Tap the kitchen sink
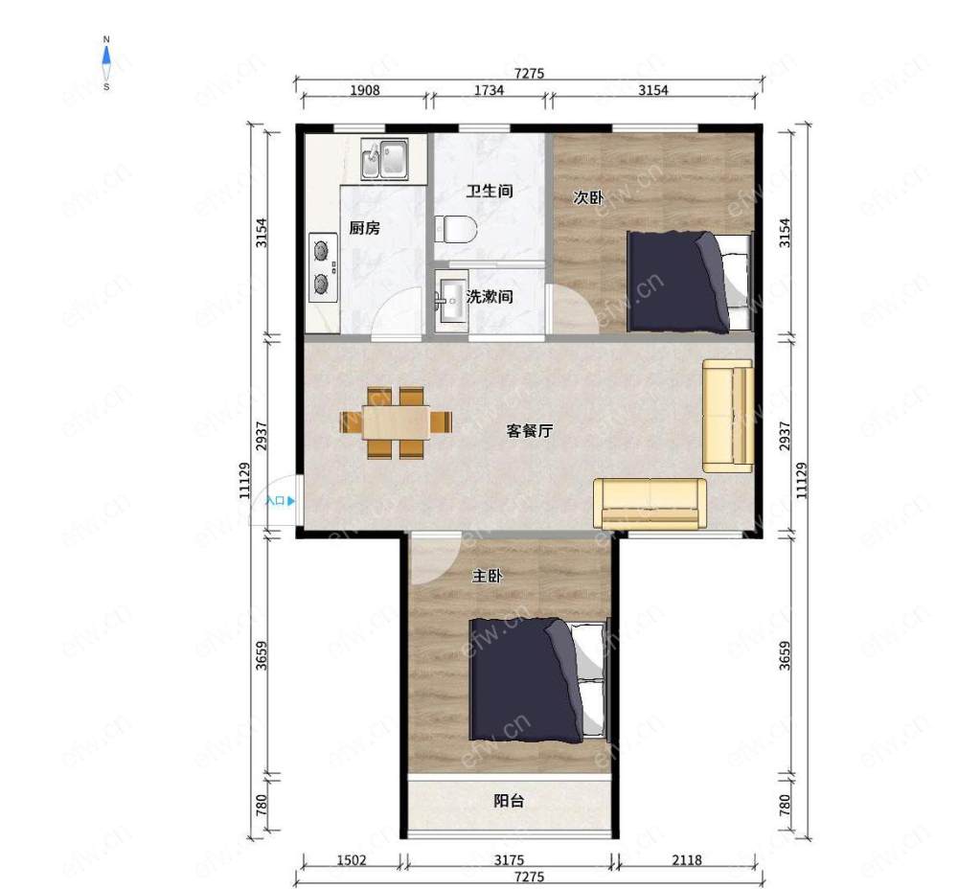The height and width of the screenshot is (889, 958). [384, 158]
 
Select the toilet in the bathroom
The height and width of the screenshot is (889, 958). [456, 229]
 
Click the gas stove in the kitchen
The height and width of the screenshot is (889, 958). [323, 267]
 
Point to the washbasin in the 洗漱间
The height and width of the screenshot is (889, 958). [451, 301]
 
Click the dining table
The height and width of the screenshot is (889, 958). [396, 422]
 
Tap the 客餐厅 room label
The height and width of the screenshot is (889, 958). [529, 431]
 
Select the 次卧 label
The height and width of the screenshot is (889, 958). [588, 198]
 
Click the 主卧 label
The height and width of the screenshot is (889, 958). [487, 576]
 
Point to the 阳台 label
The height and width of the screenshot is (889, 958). [509, 801]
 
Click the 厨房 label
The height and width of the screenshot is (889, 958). [365, 228]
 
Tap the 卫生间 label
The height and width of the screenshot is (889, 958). [490, 192]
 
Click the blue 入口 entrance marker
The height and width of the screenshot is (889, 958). [281, 501]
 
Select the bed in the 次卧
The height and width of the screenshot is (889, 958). [690, 282]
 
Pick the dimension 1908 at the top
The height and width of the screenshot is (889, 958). [365, 90]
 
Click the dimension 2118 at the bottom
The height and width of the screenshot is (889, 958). [687, 860]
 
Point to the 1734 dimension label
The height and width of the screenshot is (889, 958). [490, 90]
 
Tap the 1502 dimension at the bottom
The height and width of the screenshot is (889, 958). [352, 860]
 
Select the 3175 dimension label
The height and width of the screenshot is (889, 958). [509, 860]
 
